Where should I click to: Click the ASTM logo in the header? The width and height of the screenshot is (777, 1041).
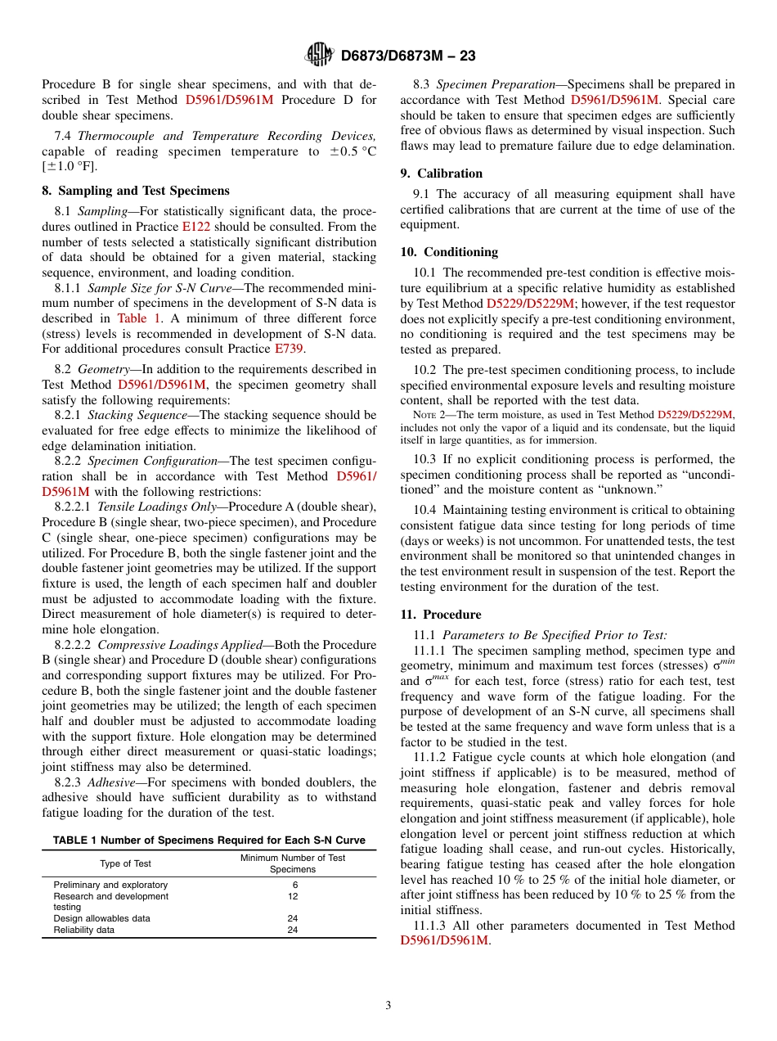click(x=318, y=55)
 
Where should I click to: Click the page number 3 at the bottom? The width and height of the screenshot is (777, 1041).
click(x=388, y=1006)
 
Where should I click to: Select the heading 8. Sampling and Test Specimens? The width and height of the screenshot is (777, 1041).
click(x=136, y=191)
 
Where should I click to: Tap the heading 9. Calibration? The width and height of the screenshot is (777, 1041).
click(x=441, y=173)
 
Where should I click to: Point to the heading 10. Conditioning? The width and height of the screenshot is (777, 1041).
click(x=449, y=252)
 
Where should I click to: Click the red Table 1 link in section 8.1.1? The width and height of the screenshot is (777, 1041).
click(x=139, y=318)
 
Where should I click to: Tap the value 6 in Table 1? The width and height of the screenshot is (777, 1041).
click(x=293, y=885)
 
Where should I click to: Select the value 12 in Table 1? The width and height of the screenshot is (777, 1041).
click(x=293, y=896)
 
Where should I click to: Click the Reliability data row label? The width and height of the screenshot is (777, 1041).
click(x=84, y=930)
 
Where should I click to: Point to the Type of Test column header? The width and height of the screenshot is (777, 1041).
click(x=125, y=863)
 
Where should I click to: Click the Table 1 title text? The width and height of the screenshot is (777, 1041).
click(x=209, y=840)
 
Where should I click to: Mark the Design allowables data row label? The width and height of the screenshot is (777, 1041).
click(x=101, y=918)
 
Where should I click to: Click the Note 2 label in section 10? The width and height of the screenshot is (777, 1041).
click(x=429, y=416)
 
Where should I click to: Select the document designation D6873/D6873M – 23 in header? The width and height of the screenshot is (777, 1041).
click(x=408, y=56)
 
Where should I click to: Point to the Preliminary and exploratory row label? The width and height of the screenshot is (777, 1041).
click(x=110, y=885)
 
